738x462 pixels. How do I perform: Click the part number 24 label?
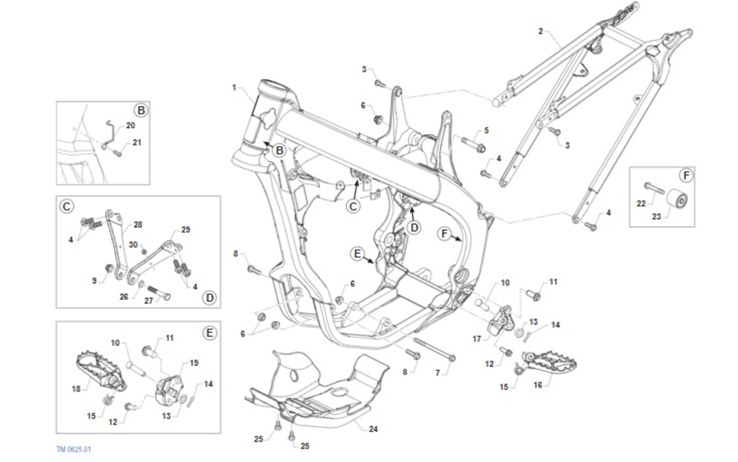pos(373,429)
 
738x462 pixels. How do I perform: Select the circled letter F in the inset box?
pos(687,176)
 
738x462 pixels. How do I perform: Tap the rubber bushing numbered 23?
pos(679,201)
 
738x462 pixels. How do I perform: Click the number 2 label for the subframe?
pos(541,31)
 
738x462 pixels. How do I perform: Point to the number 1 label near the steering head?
pos(234,87)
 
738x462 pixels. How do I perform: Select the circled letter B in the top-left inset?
pos(141,111)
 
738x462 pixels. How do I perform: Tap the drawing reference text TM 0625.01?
pos(74,450)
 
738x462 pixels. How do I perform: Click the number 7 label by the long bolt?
pos(437,373)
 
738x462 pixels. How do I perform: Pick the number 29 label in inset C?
pos(186,230)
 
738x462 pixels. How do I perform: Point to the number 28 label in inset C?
pos(138,224)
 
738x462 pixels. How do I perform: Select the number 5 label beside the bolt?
pos(486,130)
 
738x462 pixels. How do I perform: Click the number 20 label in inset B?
pos(130,125)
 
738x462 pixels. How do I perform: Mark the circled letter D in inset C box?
pos(210,298)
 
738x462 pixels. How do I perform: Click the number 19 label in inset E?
pos(194,363)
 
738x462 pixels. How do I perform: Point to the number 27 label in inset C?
pos(148,301)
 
